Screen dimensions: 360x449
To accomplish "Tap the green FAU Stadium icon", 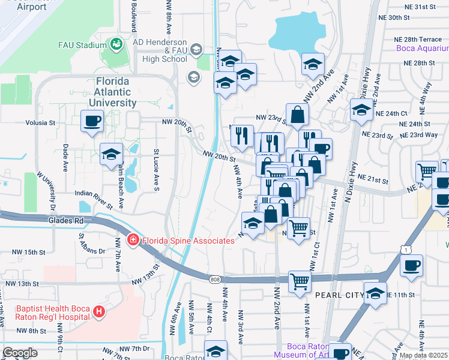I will [x=115, y=44].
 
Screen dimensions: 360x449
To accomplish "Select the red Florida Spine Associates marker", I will [x=133, y=241].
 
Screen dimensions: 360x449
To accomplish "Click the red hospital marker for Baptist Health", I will [x=99, y=312].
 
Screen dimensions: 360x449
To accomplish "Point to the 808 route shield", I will [x=215, y=280].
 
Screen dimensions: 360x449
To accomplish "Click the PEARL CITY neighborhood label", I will [x=334, y=295].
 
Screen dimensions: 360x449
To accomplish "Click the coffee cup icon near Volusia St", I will [x=92, y=121].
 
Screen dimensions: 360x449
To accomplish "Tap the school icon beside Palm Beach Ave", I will [x=111, y=155].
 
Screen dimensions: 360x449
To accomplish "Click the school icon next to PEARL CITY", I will [x=375, y=294].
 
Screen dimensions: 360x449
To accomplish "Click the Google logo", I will [x=20, y=353].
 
